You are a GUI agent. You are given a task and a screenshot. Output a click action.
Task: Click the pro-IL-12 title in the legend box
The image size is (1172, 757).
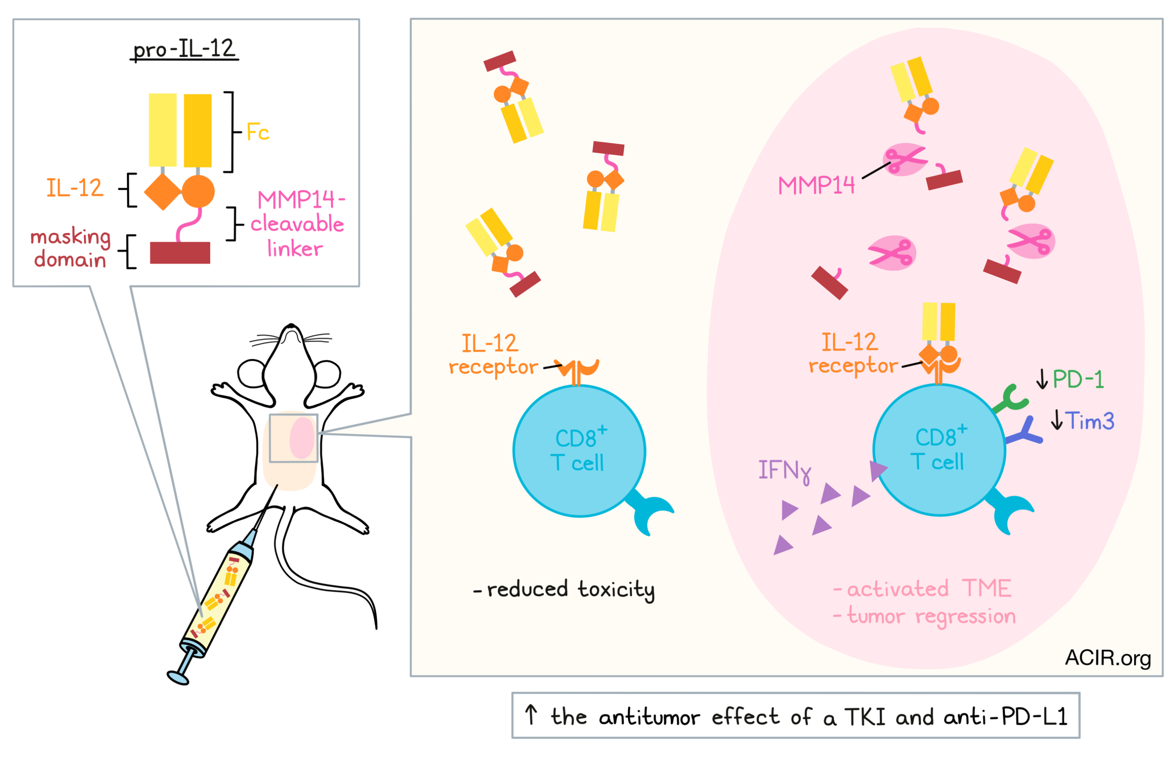tap(184, 49)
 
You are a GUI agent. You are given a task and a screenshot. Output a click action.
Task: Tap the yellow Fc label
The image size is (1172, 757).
tap(258, 132)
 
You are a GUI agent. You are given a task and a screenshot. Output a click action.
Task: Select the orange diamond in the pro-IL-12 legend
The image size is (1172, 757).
tap(162, 191)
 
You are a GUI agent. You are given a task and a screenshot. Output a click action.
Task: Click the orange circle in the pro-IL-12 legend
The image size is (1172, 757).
tap(198, 191)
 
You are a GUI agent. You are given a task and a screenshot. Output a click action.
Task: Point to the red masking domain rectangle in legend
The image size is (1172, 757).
tap(180, 252)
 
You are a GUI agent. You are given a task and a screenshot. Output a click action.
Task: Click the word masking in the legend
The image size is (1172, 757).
tap(70, 237)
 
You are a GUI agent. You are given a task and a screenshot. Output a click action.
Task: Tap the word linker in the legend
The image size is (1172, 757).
tap(295, 249)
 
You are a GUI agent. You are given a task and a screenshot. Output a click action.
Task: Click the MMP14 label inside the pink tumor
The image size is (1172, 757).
tap(816, 185)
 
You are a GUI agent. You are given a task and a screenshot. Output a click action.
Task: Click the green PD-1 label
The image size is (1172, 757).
tap(1078, 379)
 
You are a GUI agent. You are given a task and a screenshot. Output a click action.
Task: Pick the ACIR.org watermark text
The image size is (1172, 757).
tap(1108, 657)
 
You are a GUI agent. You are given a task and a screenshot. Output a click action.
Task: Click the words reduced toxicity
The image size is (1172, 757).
tap(571, 589)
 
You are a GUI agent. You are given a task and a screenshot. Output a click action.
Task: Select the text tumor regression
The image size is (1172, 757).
tap(931, 616)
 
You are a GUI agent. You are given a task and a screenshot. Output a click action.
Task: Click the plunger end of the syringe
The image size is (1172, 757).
tap(178, 678)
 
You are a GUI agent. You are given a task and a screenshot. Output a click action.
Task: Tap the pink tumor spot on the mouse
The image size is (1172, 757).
tap(302, 438)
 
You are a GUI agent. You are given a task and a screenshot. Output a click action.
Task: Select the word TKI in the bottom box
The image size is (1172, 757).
tap(866, 717)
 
